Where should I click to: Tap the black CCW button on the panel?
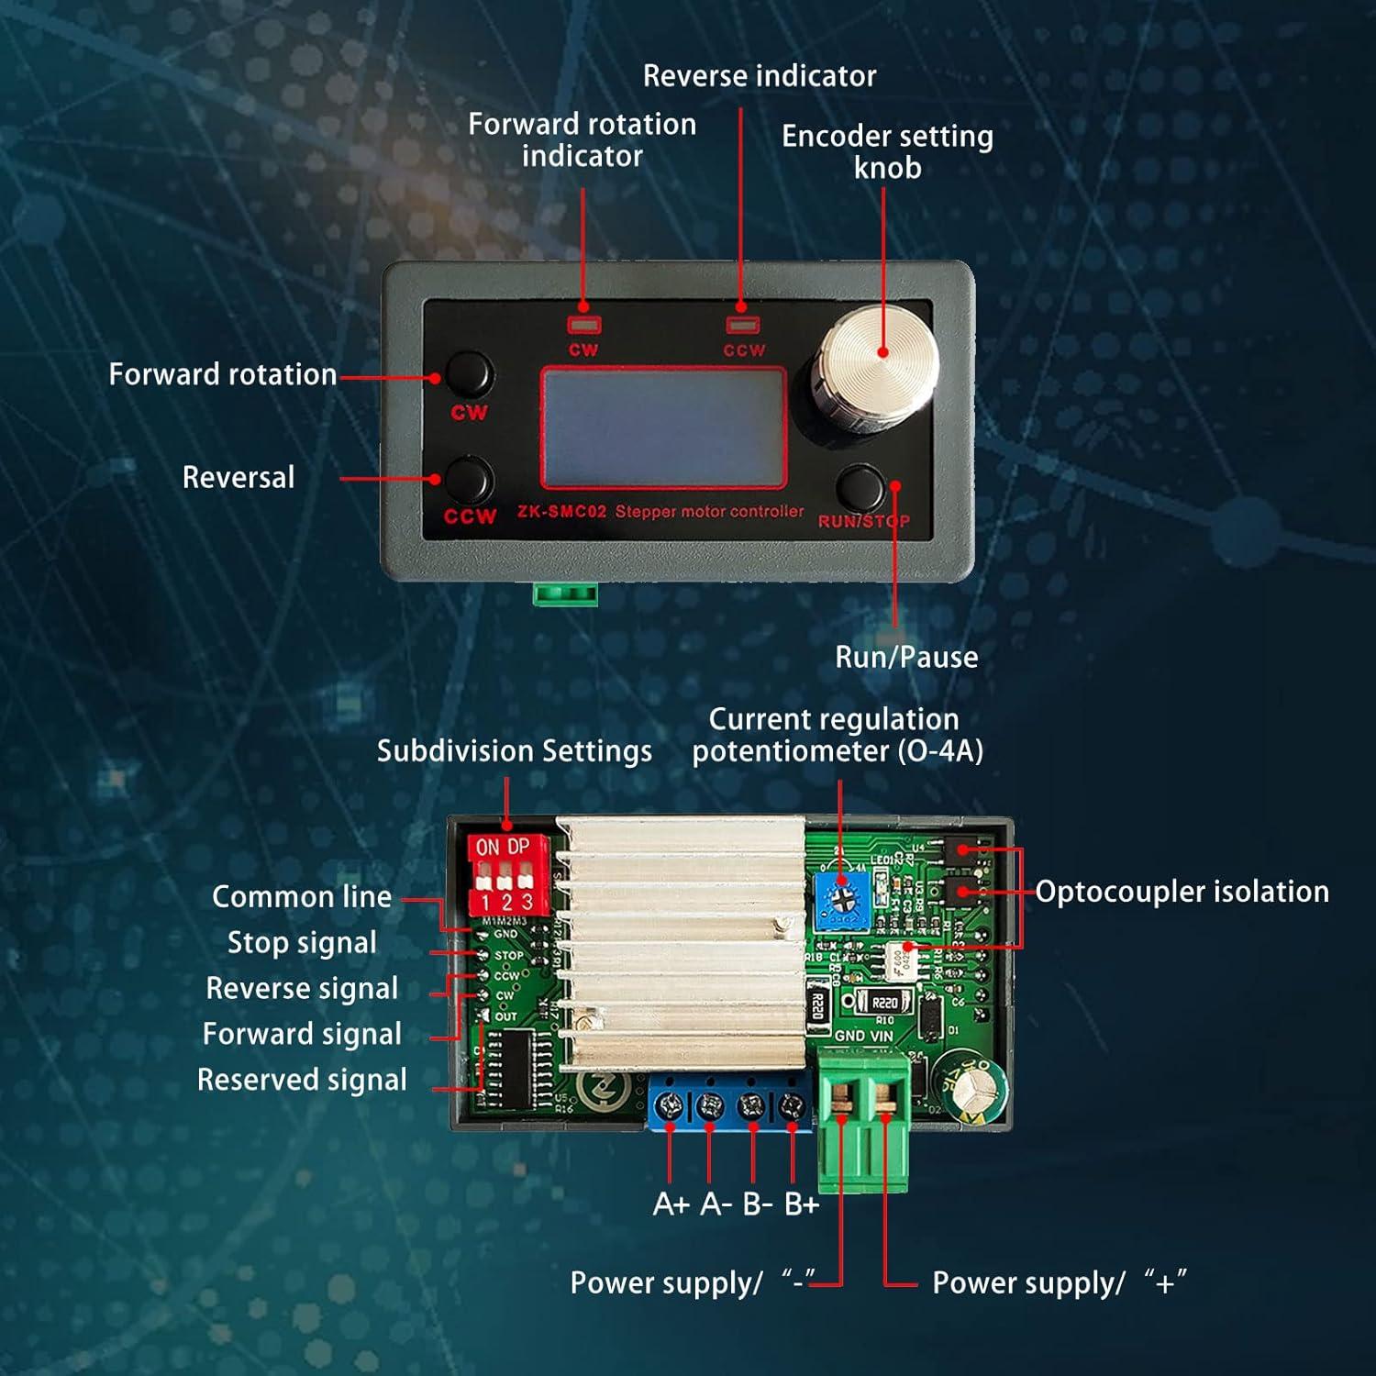point(470,480)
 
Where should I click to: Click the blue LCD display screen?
point(662,427)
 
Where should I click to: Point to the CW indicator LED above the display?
point(583,324)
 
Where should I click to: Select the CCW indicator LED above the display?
point(742,324)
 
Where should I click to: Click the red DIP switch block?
point(507,873)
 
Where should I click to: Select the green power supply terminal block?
point(863,1119)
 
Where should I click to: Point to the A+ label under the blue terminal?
point(671,1204)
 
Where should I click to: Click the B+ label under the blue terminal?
point(801,1204)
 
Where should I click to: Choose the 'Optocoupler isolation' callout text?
point(1182,892)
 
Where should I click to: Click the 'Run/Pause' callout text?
point(905,657)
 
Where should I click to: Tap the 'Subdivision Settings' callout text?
point(514,751)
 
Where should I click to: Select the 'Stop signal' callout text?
point(302,942)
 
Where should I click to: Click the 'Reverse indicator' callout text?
point(759,75)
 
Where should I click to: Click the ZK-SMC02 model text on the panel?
point(561,512)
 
